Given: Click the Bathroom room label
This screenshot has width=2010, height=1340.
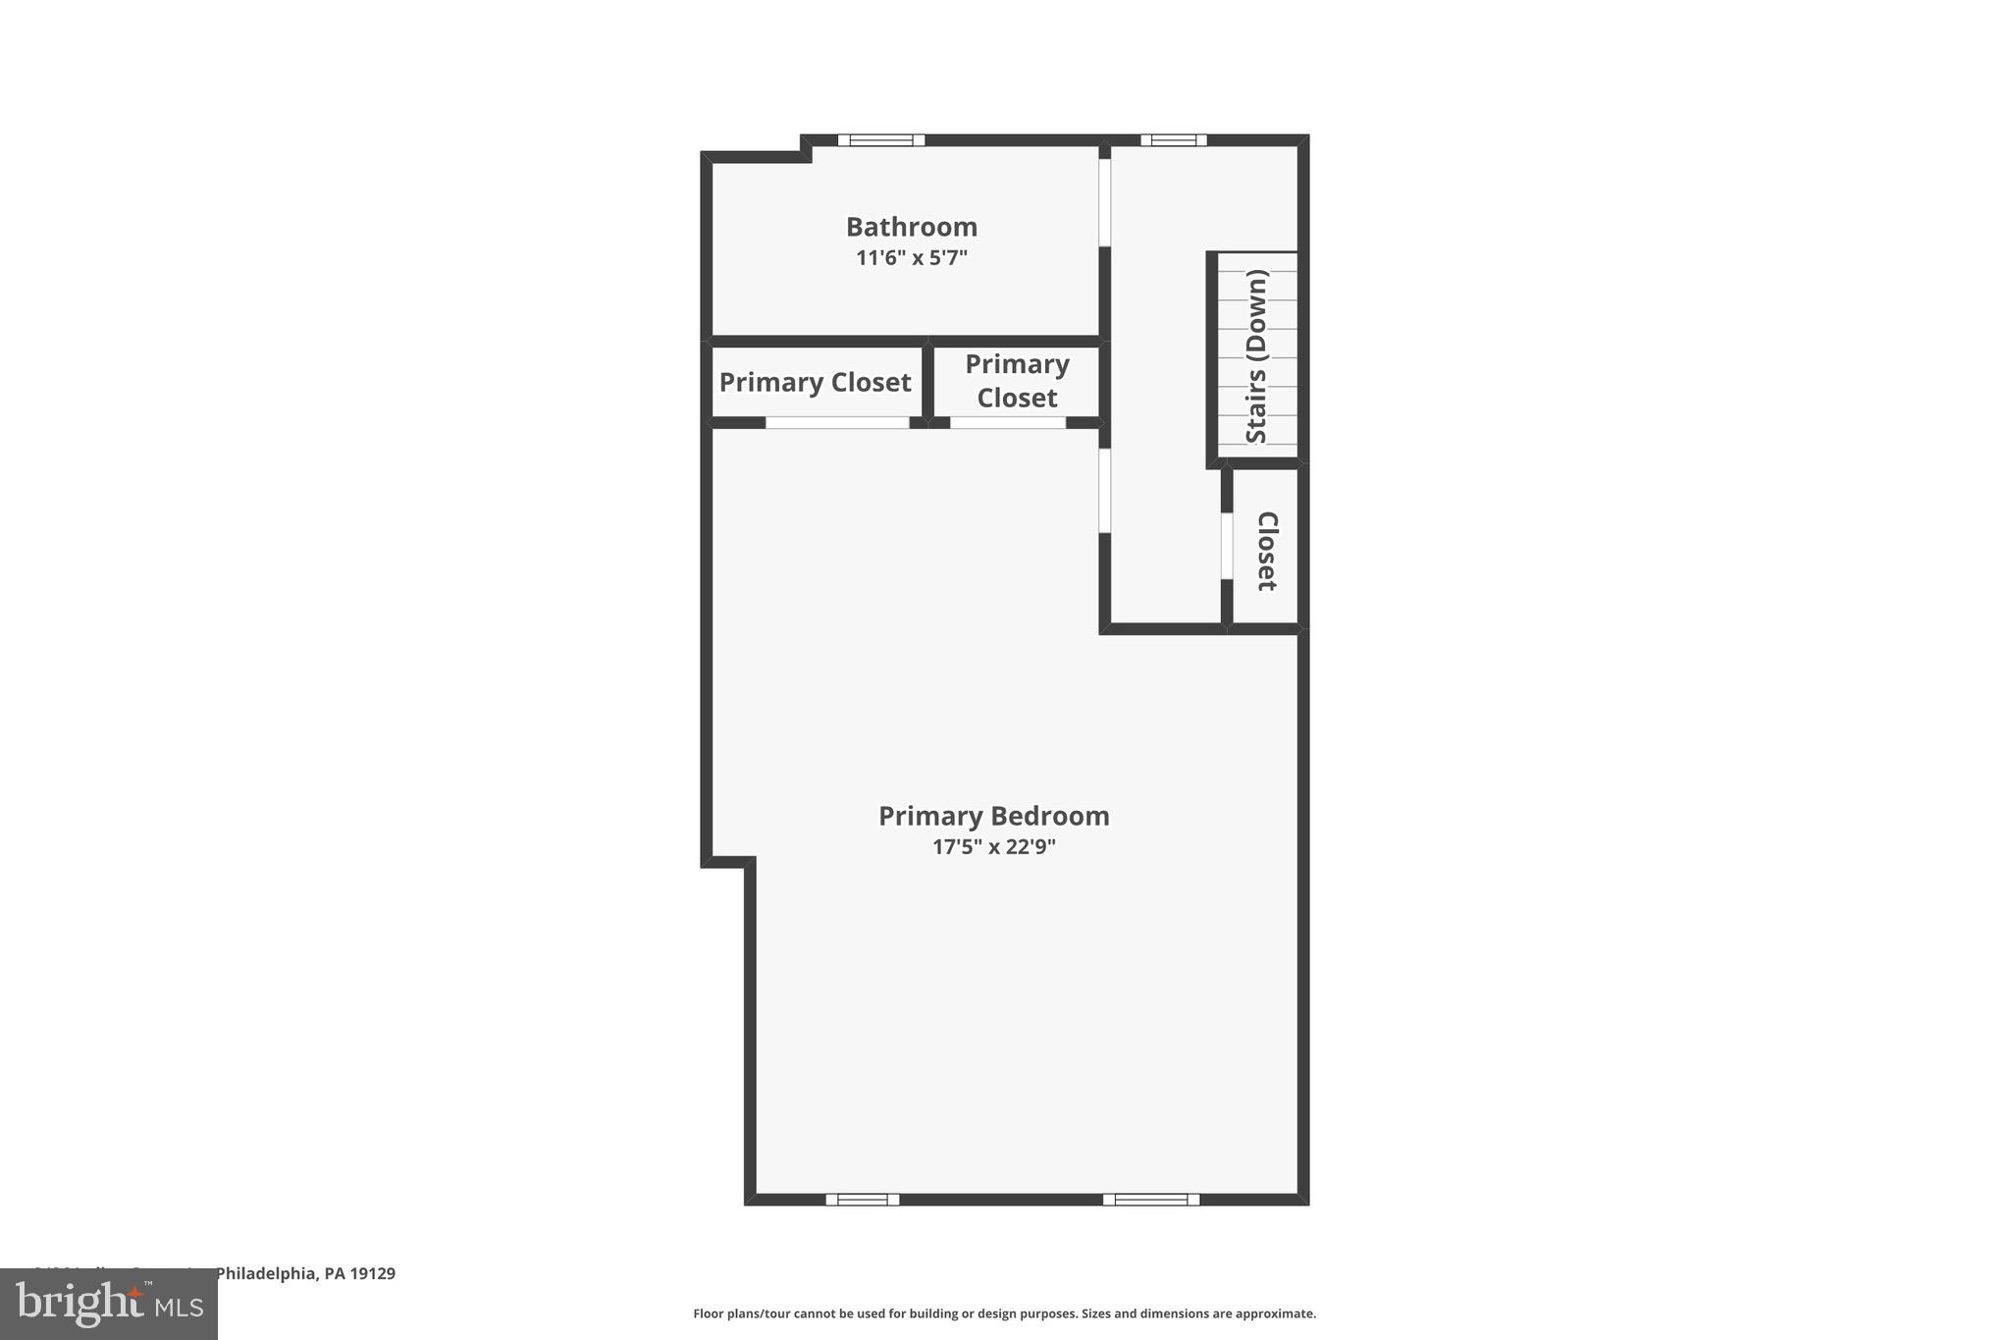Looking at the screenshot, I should (x=911, y=227).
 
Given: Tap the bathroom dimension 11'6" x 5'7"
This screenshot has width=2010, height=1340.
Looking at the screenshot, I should (x=911, y=258).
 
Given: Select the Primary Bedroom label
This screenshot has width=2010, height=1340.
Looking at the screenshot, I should (x=993, y=816).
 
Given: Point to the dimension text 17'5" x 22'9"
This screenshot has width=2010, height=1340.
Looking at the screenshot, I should (x=993, y=846).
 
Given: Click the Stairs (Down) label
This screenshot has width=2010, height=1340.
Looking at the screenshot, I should (x=1257, y=355).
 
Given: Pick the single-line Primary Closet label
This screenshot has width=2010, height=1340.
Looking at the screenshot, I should (x=815, y=382).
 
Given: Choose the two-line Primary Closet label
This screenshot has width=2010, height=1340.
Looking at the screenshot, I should (x=1017, y=381).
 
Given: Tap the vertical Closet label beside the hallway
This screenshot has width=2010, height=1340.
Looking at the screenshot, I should (x=1267, y=551).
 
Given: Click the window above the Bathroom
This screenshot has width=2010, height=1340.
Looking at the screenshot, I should (x=880, y=140).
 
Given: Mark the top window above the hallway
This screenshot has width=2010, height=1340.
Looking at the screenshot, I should (x=1173, y=140).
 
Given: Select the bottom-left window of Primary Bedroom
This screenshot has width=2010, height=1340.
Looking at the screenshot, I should (x=862, y=1199).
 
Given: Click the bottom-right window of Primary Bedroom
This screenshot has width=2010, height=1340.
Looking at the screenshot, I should (x=1150, y=1199).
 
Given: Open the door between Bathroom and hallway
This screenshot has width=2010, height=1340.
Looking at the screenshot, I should (x=1104, y=202).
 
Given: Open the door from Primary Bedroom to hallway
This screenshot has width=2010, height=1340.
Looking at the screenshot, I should (x=1104, y=491).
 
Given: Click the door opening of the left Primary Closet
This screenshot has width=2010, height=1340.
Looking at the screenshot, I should (x=837, y=423).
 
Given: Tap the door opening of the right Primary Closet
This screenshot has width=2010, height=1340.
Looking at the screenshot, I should (x=1008, y=423).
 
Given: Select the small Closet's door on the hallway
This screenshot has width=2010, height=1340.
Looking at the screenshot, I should (x=1226, y=546).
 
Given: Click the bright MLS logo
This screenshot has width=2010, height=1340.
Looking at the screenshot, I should (x=109, y=1304).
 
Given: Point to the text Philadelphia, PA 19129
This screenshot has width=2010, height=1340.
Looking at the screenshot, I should (x=305, y=1273).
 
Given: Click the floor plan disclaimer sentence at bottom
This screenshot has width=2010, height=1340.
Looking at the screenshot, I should (x=1004, y=1313).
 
